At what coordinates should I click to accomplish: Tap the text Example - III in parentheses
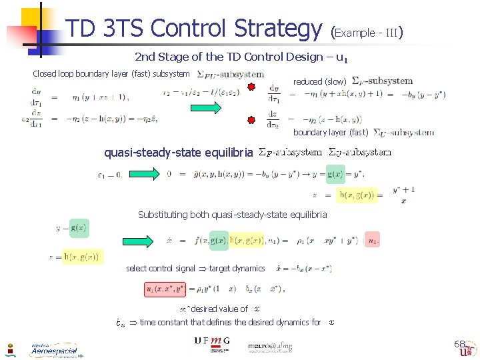pos(367,31)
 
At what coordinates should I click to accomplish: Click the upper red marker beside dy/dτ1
pos(252,89)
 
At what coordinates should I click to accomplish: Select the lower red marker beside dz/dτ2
pos(252,121)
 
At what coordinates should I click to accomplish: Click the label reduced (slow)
pos(320,81)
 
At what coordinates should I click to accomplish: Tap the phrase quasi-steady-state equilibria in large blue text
pos(178,153)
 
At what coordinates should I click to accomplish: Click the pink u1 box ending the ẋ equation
pos(375,240)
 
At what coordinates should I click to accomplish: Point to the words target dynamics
pos(237,269)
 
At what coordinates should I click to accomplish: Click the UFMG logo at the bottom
pos(212,341)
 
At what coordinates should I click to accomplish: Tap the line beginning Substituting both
pos(232,215)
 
